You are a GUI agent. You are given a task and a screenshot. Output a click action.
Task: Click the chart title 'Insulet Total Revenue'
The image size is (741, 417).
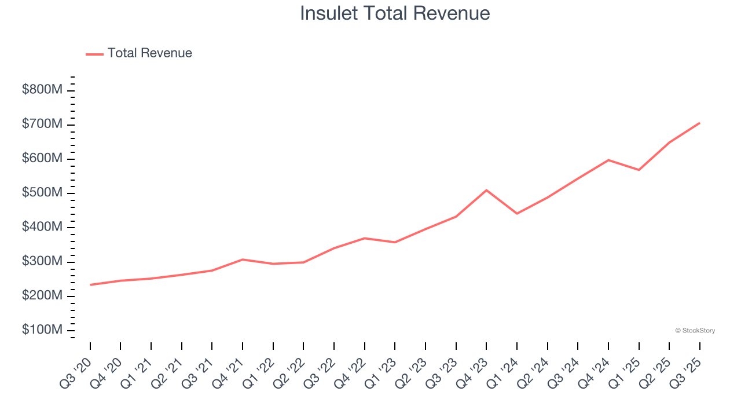tap(395, 13)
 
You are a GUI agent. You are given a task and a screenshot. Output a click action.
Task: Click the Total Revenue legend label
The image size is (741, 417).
tap(149, 53)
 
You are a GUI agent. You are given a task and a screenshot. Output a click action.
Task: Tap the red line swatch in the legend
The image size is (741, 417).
tap(94, 54)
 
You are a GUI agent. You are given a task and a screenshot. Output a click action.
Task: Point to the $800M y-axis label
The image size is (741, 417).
tap(42, 90)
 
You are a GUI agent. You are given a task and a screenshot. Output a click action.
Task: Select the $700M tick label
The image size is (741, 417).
tap(42, 125)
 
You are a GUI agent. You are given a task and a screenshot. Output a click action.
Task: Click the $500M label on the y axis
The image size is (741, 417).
tap(42, 193)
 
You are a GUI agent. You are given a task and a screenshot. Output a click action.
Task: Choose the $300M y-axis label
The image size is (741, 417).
tap(42, 262)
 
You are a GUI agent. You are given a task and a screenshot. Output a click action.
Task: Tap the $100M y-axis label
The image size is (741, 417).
tap(42, 330)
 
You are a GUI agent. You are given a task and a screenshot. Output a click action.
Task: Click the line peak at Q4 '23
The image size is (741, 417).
tap(486, 190)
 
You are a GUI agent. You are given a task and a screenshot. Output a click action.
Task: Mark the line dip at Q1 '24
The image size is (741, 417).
tap(517, 214)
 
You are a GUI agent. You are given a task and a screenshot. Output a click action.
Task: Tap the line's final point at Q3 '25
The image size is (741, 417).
tap(699, 123)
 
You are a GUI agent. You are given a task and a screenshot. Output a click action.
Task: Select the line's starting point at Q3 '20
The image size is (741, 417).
tap(90, 285)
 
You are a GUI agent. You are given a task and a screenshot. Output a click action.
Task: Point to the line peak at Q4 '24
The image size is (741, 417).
tap(608, 160)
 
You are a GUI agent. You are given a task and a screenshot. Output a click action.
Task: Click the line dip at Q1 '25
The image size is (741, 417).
tap(639, 170)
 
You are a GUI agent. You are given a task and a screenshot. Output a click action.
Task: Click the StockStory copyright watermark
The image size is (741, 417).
tap(695, 331)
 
